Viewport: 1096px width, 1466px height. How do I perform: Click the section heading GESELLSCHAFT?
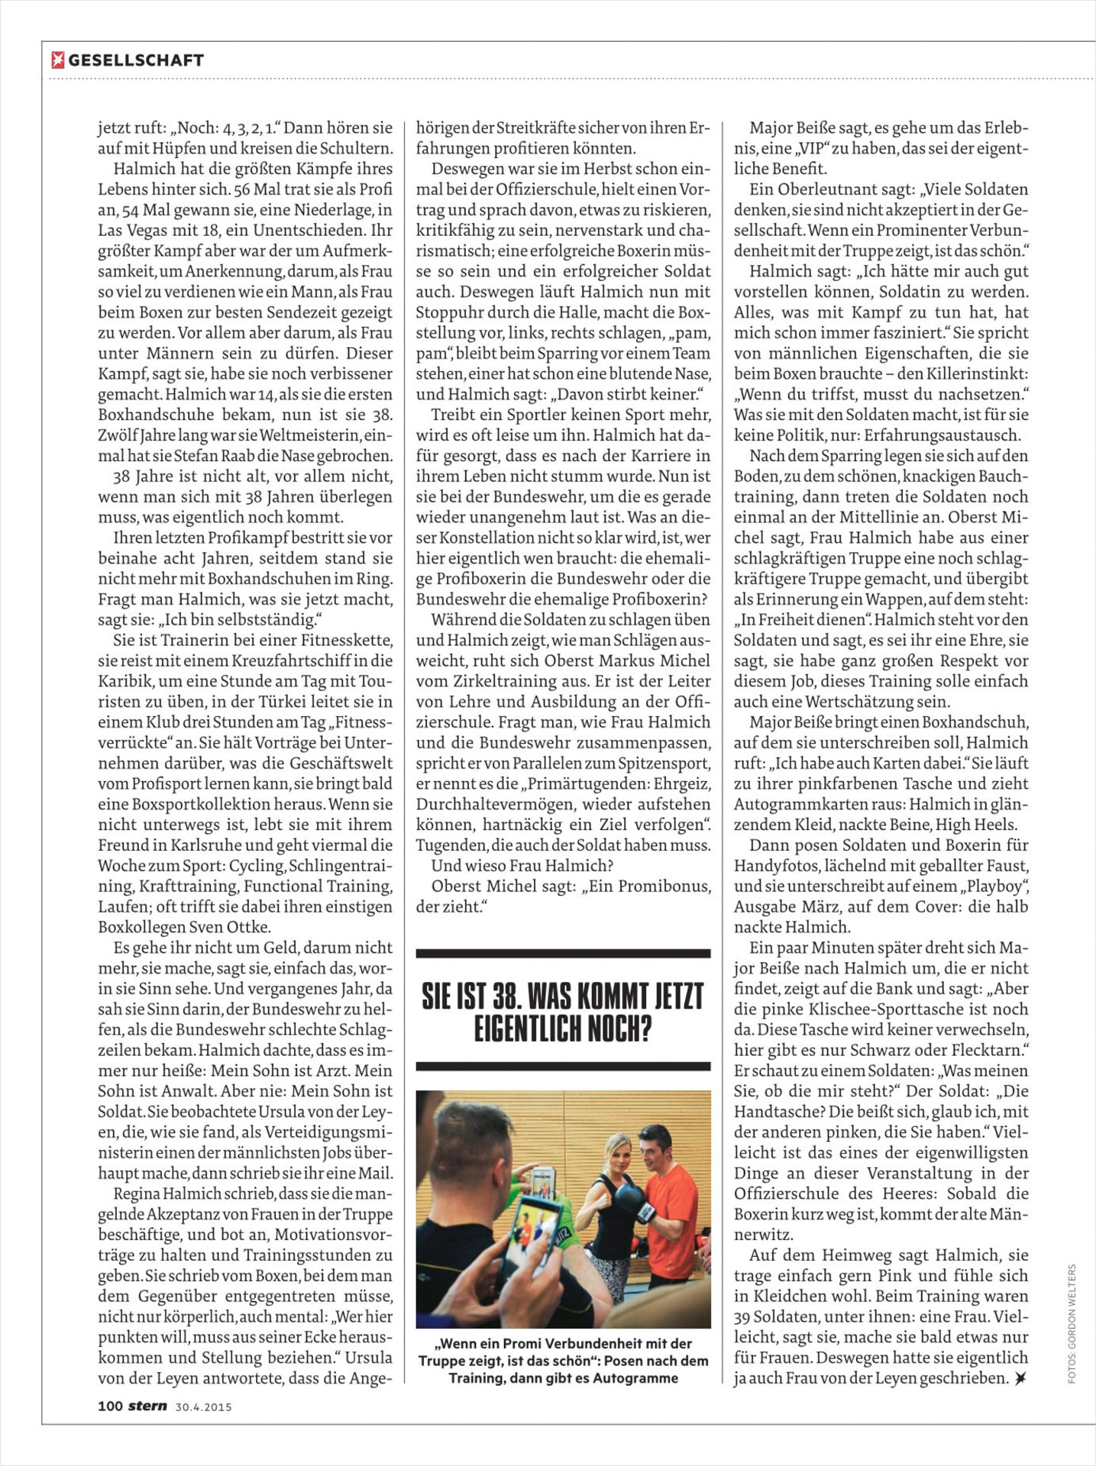click(x=136, y=60)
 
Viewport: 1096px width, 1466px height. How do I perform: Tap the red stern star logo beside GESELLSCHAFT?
click(x=57, y=60)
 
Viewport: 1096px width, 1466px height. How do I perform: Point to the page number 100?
click(x=110, y=1406)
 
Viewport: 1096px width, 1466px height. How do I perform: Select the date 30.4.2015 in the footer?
click(x=203, y=1406)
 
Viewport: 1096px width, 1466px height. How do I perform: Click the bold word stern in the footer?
click(x=147, y=1406)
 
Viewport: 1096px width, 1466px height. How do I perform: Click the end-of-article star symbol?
click(x=1020, y=1378)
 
